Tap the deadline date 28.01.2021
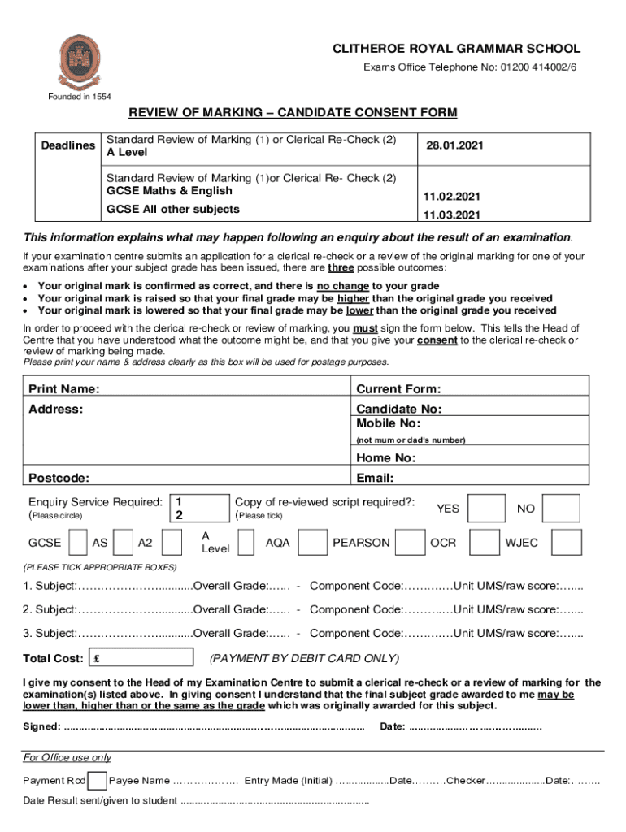[x=454, y=145]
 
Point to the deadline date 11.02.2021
[x=452, y=197]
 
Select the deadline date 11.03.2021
[x=452, y=215]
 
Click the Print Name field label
[x=64, y=389]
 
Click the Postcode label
[x=59, y=478]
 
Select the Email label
[x=375, y=478]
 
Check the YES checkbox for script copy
[x=488, y=509]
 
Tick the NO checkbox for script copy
[x=561, y=509]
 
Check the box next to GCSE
[x=79, y=542]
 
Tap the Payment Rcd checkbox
[x=97, y=781]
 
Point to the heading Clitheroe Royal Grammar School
[x=456, y=50]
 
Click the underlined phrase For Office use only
[x=67, y=758]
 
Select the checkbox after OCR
[x=485, y=542]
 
